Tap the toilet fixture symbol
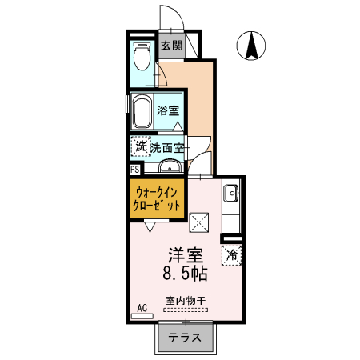click(x=142, y=57)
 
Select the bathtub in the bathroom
click(x=142, y=111)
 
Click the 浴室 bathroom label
click(x=168, y=110)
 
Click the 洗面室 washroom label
click(x=169, y=147)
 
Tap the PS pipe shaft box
click(x=134, y=169)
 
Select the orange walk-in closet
click(x=158, y=198)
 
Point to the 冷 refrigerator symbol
click(x=232, y=255)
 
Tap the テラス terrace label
click(x=185, y=337)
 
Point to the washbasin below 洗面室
click(x=169, y=166)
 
